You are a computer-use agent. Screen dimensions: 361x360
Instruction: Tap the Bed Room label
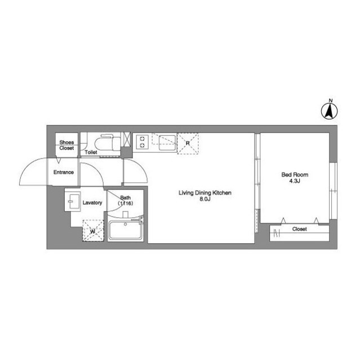click(295, 175)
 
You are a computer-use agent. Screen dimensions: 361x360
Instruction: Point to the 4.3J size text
click(295, 182)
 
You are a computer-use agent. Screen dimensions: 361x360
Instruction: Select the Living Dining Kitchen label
click(205, 193)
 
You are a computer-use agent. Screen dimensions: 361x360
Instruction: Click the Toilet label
click(91, 152)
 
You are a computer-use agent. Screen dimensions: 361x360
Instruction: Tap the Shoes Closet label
click(66, 146)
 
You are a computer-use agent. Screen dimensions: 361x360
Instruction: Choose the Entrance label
click(64, 172)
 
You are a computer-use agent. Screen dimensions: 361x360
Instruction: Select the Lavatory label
click(92, 202)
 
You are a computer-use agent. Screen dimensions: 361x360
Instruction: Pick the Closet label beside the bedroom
click(299, 229)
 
